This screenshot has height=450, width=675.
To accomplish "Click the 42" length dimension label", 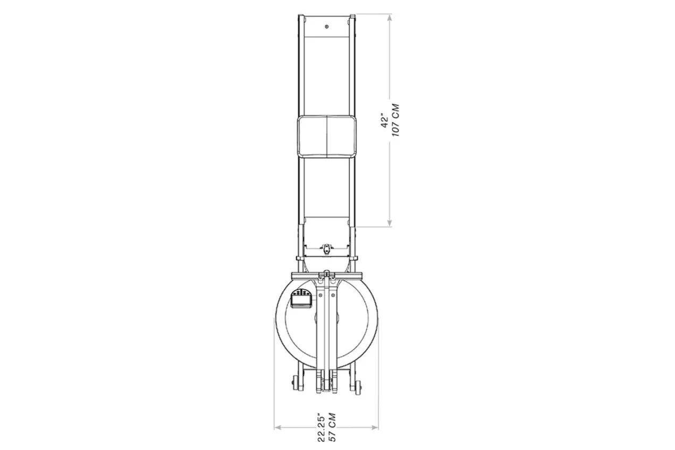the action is [385, 121].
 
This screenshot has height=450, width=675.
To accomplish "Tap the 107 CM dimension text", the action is [395, 120].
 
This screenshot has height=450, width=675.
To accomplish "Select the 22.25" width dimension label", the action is [322, 429].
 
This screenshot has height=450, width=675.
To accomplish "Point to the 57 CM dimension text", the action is [332, 427].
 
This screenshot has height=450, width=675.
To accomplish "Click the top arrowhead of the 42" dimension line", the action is [390, 18].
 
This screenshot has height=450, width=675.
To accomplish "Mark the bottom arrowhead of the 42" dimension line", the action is [390, 223].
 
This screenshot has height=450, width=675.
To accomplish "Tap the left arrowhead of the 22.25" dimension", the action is [278, 427].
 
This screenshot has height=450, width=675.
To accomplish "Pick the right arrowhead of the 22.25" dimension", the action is [375, 427].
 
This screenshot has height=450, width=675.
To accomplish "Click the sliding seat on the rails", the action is [327, 137].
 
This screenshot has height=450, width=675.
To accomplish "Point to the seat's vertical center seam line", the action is [327, 137].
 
